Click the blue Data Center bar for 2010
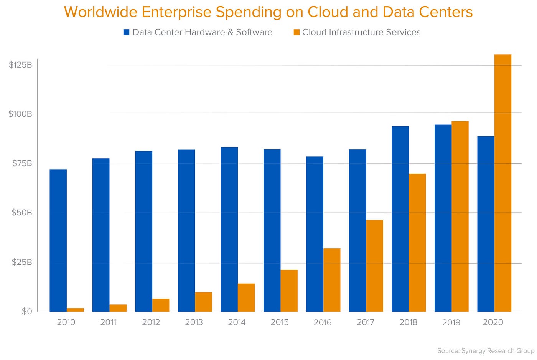tap(58, 240)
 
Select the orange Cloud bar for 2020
tap(503, 183)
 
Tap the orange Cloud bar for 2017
tap(374, 266)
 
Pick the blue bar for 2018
tap(400, 219)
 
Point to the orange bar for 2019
tap(460, 216)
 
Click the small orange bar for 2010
tap(75, 310)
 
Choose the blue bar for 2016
tap(315, 234)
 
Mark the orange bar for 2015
tap(289, 291)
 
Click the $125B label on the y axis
tap(20, 64)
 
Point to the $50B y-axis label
tap(21, 213)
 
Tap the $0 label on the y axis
tap(27, 311)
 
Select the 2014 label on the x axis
tap(237, 322)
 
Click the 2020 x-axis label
tap(493, 322)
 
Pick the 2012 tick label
tap(151, 322)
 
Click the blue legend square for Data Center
tap(126, 32)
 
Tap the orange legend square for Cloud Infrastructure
tap(297, 32)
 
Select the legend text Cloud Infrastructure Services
tap(361, 32)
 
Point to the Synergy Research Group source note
tap(486, 351)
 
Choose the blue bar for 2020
tap(486, 224)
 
